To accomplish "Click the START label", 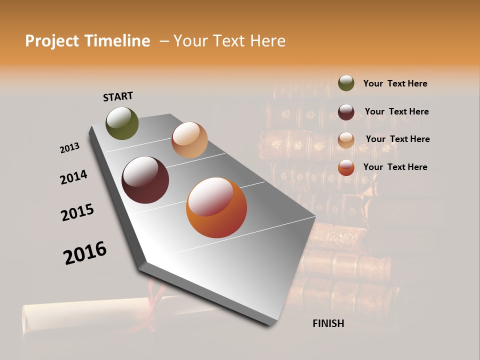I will tap(118, 96).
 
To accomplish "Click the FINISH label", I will tap(328, 323).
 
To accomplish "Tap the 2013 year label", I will tap(69, 148).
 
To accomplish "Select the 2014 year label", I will tap(73, 177).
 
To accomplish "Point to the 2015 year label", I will tap(77, 212).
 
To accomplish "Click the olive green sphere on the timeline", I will tap(122, 123).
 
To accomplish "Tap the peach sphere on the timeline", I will tap(189, 140).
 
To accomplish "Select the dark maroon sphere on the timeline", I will tap(145, 180).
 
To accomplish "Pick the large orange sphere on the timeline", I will tap(216, 207).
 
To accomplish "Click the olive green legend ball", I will tap(346, 83).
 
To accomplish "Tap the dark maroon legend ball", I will tap(346, 111).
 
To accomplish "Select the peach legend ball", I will tap(346, 139).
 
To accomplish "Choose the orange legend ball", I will tap(346, 167).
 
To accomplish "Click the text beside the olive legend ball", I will tap(395, 83).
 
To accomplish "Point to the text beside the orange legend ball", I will tap(395, 167).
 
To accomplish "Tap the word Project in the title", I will tap(52, 41).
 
